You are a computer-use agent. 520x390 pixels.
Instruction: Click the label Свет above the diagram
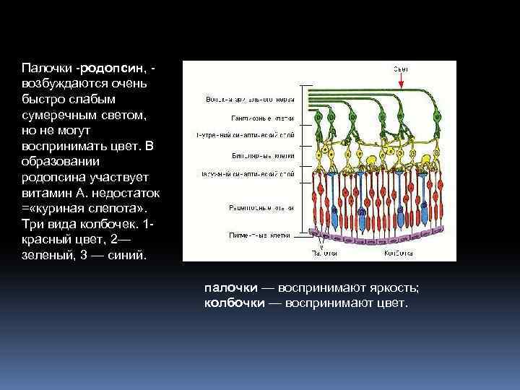point(401,68)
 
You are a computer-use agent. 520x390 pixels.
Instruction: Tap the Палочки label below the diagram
point(324,253)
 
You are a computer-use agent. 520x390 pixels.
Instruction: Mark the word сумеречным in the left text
point(59,115)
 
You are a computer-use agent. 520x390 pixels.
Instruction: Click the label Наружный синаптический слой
point(246,174)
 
